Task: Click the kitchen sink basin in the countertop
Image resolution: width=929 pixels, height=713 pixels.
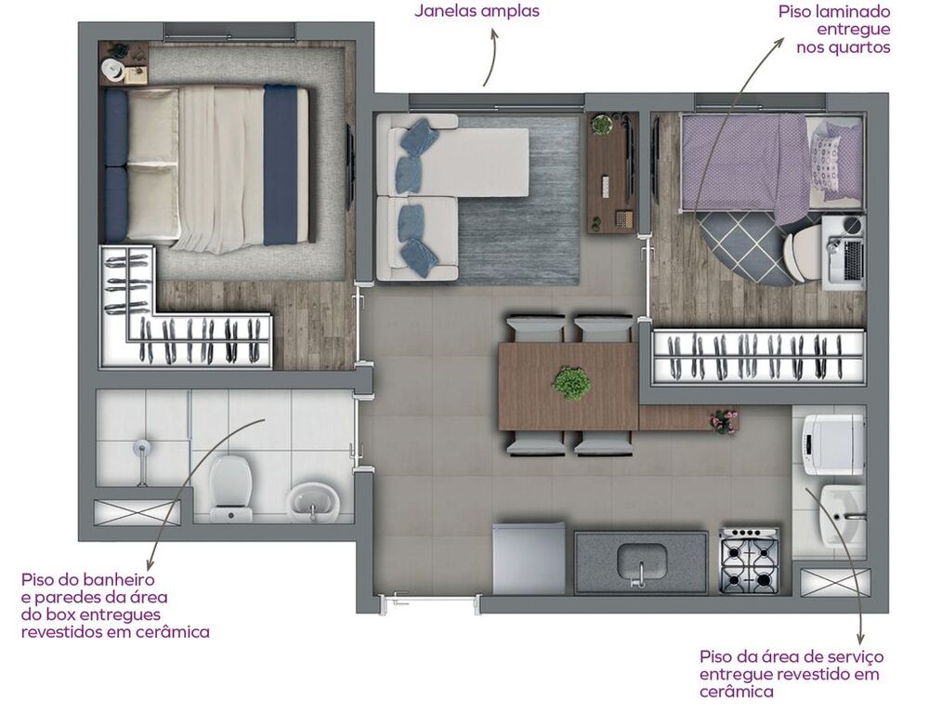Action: click(642, 561)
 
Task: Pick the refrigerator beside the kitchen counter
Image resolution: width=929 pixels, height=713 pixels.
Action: click(529, 558)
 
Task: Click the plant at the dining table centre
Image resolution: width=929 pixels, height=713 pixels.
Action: click(570, 382)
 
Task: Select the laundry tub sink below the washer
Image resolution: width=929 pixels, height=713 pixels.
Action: click(836, 515)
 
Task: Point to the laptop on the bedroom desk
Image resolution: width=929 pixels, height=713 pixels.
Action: click(846, 258)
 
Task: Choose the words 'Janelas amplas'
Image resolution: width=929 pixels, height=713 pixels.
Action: click(477, 12)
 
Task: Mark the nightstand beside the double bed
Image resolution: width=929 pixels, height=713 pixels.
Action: click(123, 64)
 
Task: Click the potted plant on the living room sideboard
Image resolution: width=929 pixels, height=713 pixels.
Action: click(602, 125)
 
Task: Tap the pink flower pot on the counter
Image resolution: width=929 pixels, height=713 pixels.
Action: click(723, 420)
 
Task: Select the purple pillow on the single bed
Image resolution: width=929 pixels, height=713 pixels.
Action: click(826, 152)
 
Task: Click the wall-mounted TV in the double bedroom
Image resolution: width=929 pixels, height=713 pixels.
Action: click(350, 166)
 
